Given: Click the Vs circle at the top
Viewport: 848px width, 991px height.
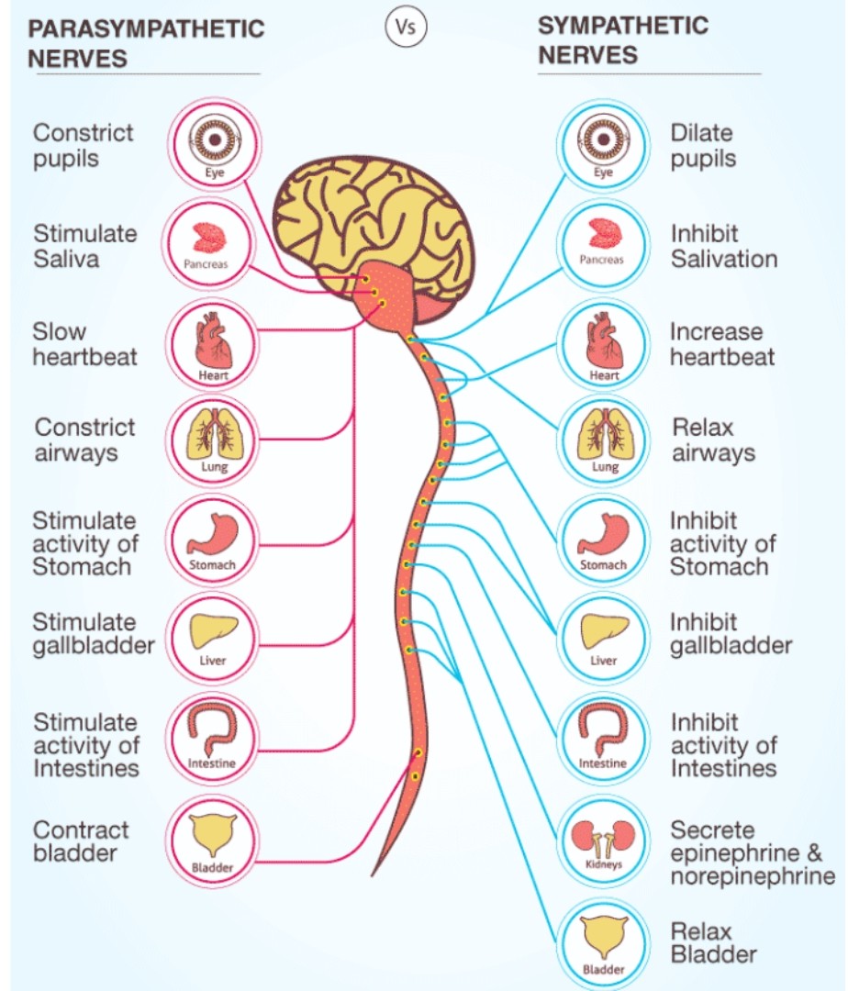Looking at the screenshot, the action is coord(406,28).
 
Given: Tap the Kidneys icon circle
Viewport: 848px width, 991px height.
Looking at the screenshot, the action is coord(604,842).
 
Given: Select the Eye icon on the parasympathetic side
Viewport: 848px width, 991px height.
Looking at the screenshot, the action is coord(214,143).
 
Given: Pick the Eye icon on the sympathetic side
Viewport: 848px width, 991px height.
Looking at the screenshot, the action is coord(604,143).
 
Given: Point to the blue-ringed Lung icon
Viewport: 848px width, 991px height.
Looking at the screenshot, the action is coord(604,440).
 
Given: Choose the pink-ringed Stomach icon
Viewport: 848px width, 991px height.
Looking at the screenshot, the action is coord(212,540).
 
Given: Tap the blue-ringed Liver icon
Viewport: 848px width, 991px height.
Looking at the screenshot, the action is coord(604,638).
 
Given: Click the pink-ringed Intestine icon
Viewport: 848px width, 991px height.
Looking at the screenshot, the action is coord(212,738).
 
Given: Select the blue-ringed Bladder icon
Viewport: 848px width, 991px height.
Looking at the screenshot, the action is coord(604,944).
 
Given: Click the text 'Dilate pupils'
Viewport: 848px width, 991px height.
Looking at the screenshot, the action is coord(703,146).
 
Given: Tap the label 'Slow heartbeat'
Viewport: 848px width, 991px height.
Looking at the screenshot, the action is coord(84,344).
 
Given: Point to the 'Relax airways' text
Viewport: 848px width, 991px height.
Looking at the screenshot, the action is coord(713,440).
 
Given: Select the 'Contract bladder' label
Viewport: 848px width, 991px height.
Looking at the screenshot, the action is coord(80,841).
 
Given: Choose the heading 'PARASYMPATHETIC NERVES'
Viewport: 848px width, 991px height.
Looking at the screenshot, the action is coord(145,44).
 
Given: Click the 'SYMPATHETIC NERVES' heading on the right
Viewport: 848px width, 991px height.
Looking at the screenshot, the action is coord(623,40).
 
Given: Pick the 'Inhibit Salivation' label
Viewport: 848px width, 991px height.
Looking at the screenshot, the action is coord(724,247).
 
